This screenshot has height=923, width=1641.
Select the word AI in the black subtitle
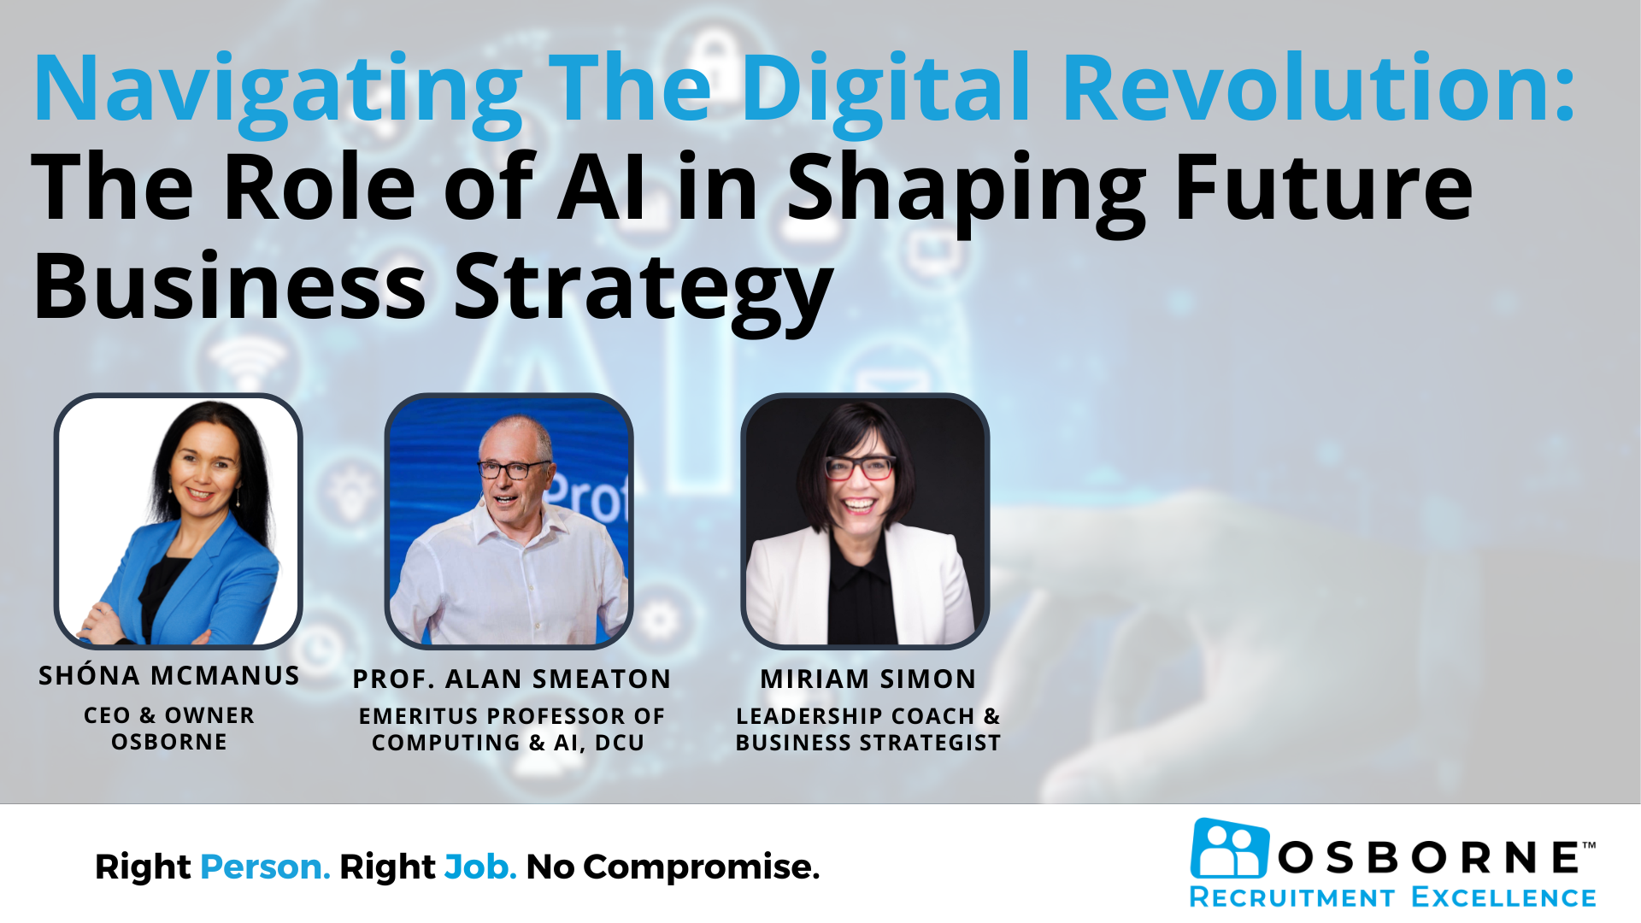pos(602,187)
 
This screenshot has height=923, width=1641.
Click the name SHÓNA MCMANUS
pos(169,675)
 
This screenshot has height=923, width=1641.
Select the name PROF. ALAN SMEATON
pos(512,679)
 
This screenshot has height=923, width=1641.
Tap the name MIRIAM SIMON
pos(868,679)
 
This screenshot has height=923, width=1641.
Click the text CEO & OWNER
pos(169,715)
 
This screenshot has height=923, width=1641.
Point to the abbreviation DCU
pos(619,743)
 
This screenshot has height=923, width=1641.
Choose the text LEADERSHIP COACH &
pos(868,716)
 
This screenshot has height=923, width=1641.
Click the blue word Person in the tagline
pos(265,867)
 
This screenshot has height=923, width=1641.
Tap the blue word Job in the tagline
pos(480,867)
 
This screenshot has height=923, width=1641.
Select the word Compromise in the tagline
pos(701,868)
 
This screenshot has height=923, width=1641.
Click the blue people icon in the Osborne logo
pos(1230,848)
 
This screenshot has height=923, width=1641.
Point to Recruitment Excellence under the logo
pos(1392,897)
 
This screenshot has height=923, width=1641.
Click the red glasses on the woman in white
pos(859,467)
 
